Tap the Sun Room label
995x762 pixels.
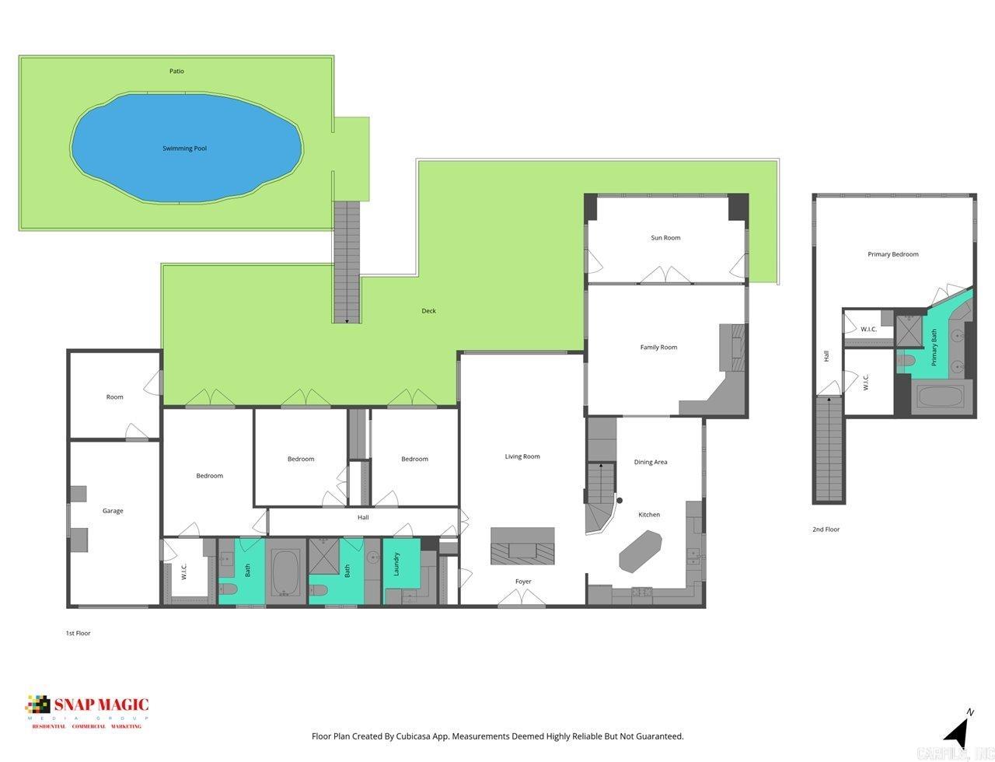[x=665, y=238]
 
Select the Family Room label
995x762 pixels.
[x=658, y=348]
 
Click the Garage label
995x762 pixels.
[x=113, y=511]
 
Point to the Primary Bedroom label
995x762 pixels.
[x=893, y=254]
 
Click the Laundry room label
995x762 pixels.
[x=396, y=565]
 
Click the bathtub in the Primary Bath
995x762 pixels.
[x=941, y=397]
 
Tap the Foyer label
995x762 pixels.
[x=523, y=582]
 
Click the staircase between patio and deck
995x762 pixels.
[x=347, y=261]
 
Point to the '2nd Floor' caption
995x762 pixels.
[x=826, y=530]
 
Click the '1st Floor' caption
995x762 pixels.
[x=78, y=633]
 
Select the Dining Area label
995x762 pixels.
[x=651, y=462]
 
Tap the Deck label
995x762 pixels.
[x=428, y=311]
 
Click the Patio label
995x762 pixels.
[x=176, y=72]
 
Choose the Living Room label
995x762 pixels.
[x=522, y=456]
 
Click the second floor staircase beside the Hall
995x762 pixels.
[x=829, y=449]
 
